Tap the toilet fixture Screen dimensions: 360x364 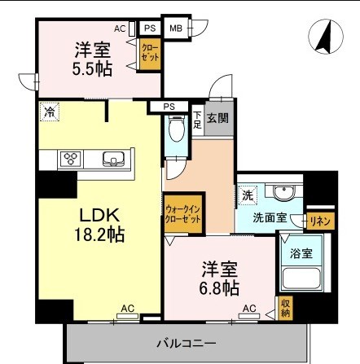click(177, 129)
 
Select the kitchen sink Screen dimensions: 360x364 click(113, 160)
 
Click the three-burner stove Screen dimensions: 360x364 click(71, 159)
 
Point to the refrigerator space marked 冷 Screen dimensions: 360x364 click(50, 112)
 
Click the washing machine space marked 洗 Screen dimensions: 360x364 click(248, 195)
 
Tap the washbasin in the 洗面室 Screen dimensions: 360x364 click(283, 193)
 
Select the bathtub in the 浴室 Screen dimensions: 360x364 click(301, 279)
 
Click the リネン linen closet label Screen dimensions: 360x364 click(320, 221)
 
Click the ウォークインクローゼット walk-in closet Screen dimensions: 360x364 click(183, 213)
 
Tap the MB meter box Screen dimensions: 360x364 click(176, 28)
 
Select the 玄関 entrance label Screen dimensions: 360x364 click(217, 118)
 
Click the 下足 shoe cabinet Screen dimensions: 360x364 click(197, 120)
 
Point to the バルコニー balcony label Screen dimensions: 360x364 click(187, 344)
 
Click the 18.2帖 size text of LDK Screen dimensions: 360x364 click(99, 235)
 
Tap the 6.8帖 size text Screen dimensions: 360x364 click(219, 288)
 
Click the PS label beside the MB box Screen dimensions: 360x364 click(150, 28)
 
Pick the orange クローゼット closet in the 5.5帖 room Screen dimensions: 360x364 click(150, 54)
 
